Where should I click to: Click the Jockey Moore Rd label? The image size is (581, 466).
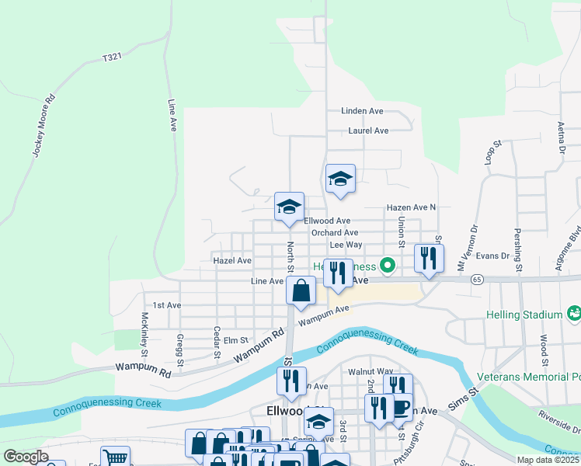pyautogui.click(x=44, y=126)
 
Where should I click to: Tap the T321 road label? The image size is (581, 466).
pyautogui.click(x=113, y=58)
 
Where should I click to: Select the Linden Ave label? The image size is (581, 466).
pyautogui.click(x=363, y=111)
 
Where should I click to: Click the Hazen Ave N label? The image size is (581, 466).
pyautogui.click(x=412, y=207)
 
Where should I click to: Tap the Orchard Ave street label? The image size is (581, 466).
pyautogui.click(x=335, y=232)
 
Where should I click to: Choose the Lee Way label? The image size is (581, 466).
pyautogui.click(x=346, y=245)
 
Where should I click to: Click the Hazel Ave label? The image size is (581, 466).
pyautogui.click(x=232, y=261)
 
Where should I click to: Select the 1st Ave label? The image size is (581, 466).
pyautogui.click(x=166, y=305)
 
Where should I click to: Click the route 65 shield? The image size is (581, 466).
pyautogui.click(x=477, y=278)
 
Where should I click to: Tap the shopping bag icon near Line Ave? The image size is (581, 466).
pyautogui.click(x=301, y=291)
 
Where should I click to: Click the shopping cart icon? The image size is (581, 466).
pyautogui.click(x=115, y=457)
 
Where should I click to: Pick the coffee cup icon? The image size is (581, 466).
pyautogui.click(x=400, y=407)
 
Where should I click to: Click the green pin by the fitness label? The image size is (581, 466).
pyautogui.click(x=384, y=266)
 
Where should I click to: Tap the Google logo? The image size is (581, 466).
pyautogui.click(x=26, y=457)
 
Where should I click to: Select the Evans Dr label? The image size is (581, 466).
pyautogui.click(x=493, y=255)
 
